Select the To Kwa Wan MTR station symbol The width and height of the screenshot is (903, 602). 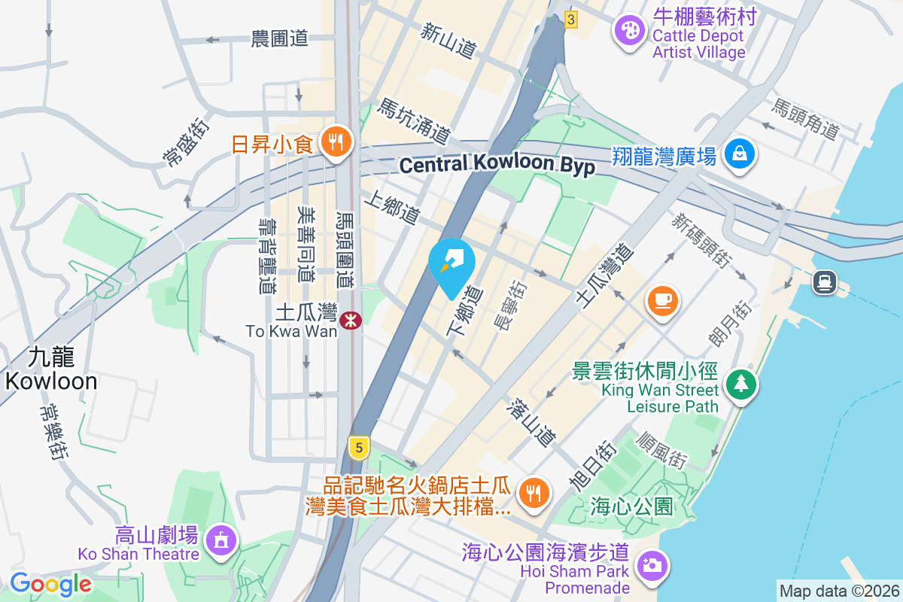[350, 321]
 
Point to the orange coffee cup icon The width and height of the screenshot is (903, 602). [663, 301]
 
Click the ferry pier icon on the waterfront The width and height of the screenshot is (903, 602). [825, 282]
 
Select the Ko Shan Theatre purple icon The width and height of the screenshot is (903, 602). [220, 540]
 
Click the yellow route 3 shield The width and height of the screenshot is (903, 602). [571, 20]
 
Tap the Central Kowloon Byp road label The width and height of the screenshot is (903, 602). [497, 165]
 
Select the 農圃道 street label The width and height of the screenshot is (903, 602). [280, 39]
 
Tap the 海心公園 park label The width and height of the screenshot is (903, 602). [632, 506]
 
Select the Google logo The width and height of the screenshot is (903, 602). [50, 583]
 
